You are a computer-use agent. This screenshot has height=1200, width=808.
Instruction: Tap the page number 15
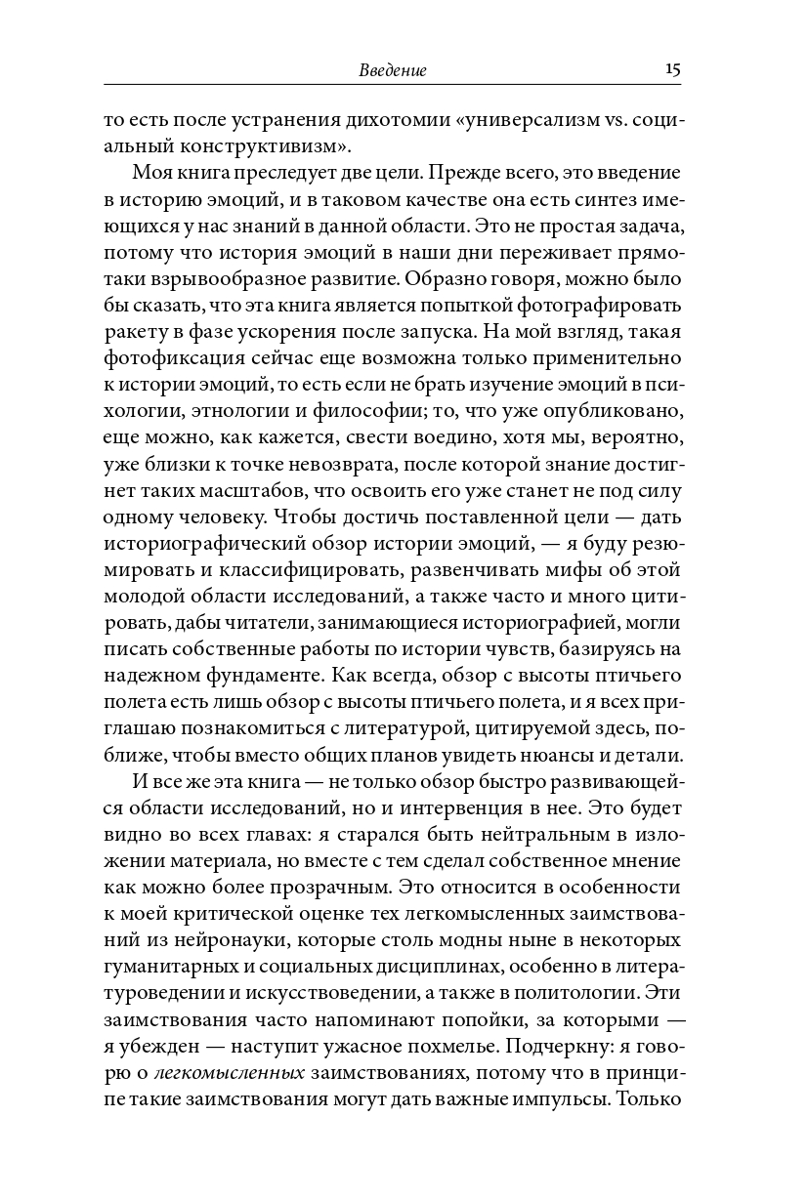672,69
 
